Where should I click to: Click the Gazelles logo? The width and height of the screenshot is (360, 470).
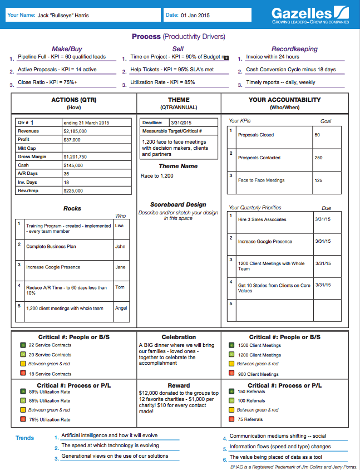[x=310, y=15]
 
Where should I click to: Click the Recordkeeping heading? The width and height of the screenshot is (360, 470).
[x=294, y=49]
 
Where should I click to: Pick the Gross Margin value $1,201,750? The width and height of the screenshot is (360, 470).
[x=76, y=157]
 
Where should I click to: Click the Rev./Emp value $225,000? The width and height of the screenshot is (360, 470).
[x=73, y=190]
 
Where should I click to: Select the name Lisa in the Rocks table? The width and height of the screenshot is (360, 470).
[x=120, y=226]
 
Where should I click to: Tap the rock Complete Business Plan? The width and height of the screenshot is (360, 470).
[x=51, y=246]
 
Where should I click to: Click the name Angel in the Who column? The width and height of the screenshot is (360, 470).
[x=121, y=308]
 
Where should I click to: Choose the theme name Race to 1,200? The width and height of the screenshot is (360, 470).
[x=157, y=176]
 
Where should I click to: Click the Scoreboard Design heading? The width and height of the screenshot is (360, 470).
[x=178, y=205]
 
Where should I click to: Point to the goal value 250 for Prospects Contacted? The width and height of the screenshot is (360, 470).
[x=318, y=158]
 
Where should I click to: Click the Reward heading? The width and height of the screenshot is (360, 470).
[x=179, y=385]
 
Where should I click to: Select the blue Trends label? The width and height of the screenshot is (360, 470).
[x=24, y=438]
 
